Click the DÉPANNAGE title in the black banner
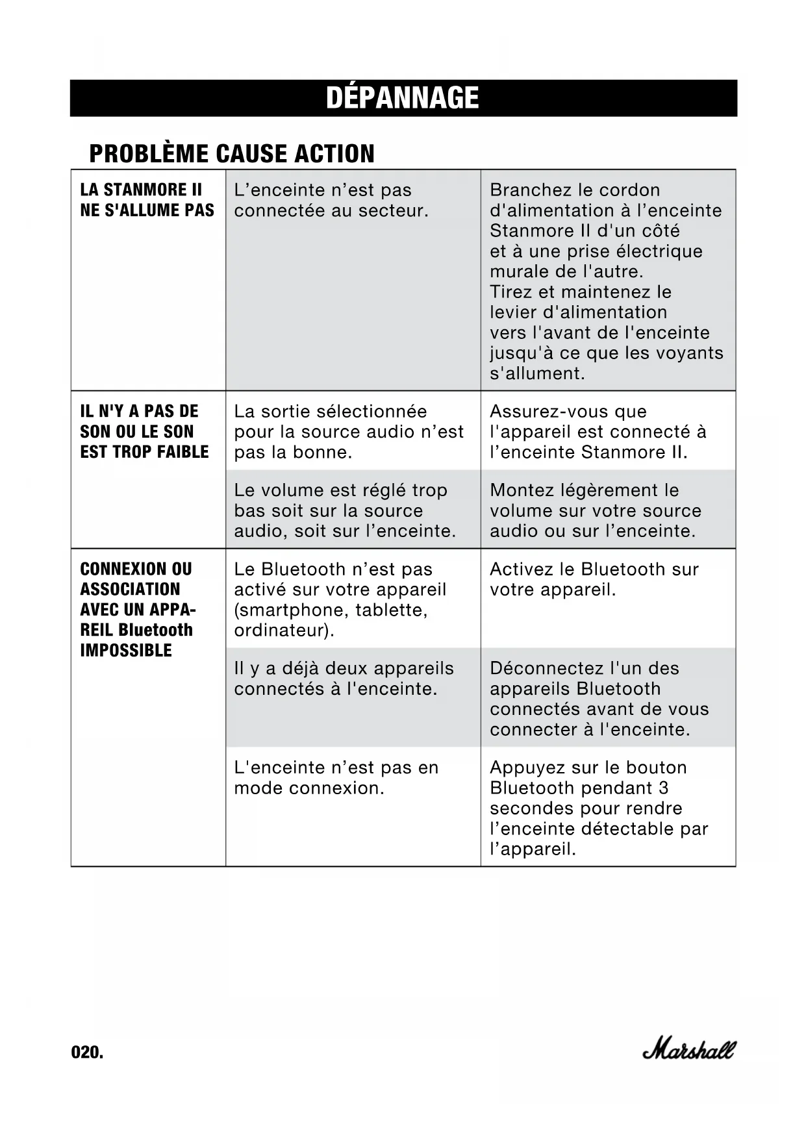(403, 98)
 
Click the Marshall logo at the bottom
(689, 1048)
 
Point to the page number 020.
(87, 1053)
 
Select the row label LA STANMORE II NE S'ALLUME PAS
(147, 200)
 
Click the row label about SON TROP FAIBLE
(144, 432)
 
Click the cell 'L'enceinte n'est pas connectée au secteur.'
(331, 200)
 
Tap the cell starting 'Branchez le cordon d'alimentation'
(606, 281)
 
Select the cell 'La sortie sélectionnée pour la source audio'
(349, 432)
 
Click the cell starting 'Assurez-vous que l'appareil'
(598, 432)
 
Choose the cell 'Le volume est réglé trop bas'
(345, 510)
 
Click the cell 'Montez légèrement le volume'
(596, 510)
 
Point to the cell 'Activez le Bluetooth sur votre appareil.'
(594, 579)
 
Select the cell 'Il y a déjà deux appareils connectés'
(344, 679)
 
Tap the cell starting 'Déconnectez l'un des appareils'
(599, 699)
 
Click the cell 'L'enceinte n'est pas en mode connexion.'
(336, 777)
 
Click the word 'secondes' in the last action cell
(520, 808)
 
